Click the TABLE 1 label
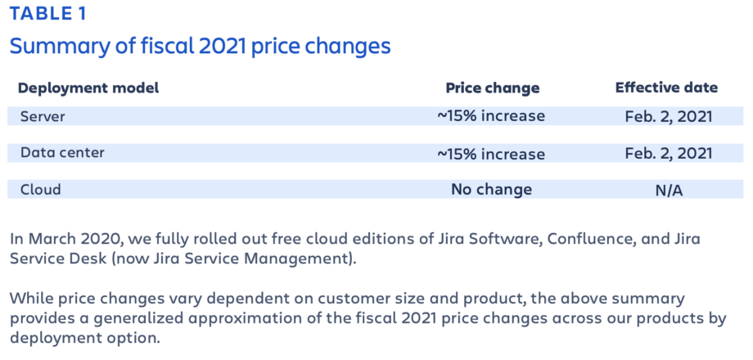point(47,14)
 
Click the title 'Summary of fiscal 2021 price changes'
point(200,47)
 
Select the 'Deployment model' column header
point(88,88)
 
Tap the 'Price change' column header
point(492,88)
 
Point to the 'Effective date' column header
point(666,88)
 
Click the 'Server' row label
point(43,116)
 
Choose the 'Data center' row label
point(62,152)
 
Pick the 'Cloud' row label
point(41,189)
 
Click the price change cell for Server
point(491,116)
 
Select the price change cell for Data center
point(491,153)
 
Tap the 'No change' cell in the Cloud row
point(491,189)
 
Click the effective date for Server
point(668,116)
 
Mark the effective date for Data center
point(668,153)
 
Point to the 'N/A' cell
point(668,190)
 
